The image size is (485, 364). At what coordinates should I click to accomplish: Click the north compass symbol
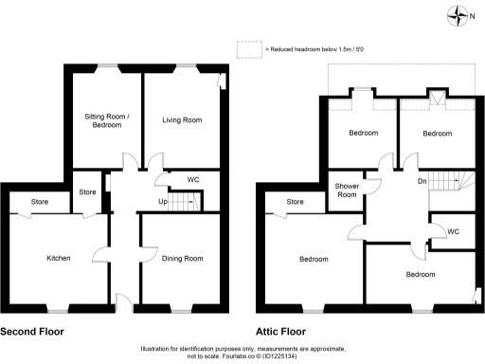click(x=461, y=14)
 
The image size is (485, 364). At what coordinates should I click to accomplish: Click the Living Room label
click(x=182, y=120)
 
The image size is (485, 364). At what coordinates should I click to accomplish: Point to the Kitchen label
click(x=60, y=258)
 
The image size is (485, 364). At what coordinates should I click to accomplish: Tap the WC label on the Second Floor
click(x=192, y=179)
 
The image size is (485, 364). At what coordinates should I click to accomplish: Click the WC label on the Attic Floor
click(x=453, y=230)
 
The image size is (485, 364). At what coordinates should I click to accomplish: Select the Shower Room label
click(x=348, y=191)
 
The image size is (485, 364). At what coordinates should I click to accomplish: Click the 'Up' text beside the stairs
click(x=163, y=202)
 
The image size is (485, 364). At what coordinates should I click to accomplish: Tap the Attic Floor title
click(x=280, y=333)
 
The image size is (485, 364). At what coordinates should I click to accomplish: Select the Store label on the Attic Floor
click(x=295, y=202)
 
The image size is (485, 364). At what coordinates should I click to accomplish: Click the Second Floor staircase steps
click(x=189, y=201)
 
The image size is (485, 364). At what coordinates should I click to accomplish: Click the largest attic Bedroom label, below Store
click(x=314, y=259)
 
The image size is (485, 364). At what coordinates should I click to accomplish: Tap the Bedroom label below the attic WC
click(x=421, y=274)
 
